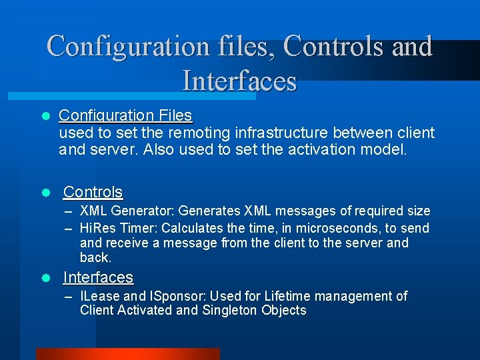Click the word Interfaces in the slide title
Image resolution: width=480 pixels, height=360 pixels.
click(239, 81)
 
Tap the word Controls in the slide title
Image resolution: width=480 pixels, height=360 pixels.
click(333, 46)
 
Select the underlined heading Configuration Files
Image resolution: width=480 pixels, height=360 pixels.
click(125, 116)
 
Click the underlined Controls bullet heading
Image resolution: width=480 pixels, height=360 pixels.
click(93, 192)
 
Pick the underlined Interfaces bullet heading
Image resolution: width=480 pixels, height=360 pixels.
click(98, 277)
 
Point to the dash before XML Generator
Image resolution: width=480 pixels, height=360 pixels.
click(69, 211)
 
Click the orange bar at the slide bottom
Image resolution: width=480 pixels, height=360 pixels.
click(127, 354)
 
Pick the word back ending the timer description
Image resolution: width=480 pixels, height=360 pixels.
click(95, 257)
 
